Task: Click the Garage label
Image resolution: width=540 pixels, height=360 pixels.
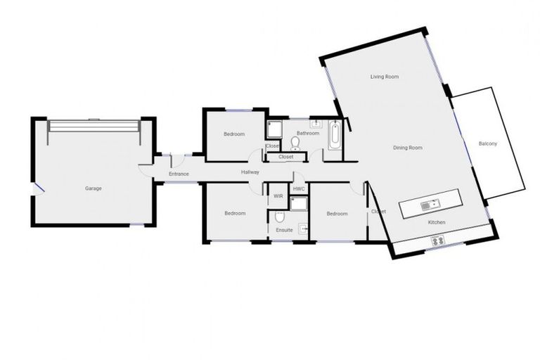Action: pos(94,188)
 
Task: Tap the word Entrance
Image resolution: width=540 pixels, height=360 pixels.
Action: pos(179,174)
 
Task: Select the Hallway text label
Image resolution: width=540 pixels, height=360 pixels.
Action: pos(250,172)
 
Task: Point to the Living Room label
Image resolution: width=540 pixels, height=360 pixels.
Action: pos(385,76)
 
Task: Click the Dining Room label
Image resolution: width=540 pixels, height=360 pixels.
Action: pos(407,148)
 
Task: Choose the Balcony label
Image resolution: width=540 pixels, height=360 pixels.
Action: pos(488,144)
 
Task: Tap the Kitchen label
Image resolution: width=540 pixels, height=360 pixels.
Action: pos(437,223)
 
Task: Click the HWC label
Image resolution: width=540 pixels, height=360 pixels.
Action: pos(298,189)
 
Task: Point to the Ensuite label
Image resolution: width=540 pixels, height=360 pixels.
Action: pos(284,229)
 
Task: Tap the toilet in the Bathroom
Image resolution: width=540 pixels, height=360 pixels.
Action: pos(295,143)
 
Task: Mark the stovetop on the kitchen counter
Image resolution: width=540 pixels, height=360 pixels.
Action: pos(439,240)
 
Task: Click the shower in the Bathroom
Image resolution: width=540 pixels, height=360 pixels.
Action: pos(274,129)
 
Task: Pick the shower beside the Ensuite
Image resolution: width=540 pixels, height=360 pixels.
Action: pos(299,205)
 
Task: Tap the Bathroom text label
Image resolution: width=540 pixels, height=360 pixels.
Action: pos(307,133)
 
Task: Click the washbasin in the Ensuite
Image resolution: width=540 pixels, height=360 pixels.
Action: pos(303,227)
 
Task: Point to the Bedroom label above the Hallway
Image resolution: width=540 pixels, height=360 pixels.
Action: pos(234,134)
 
